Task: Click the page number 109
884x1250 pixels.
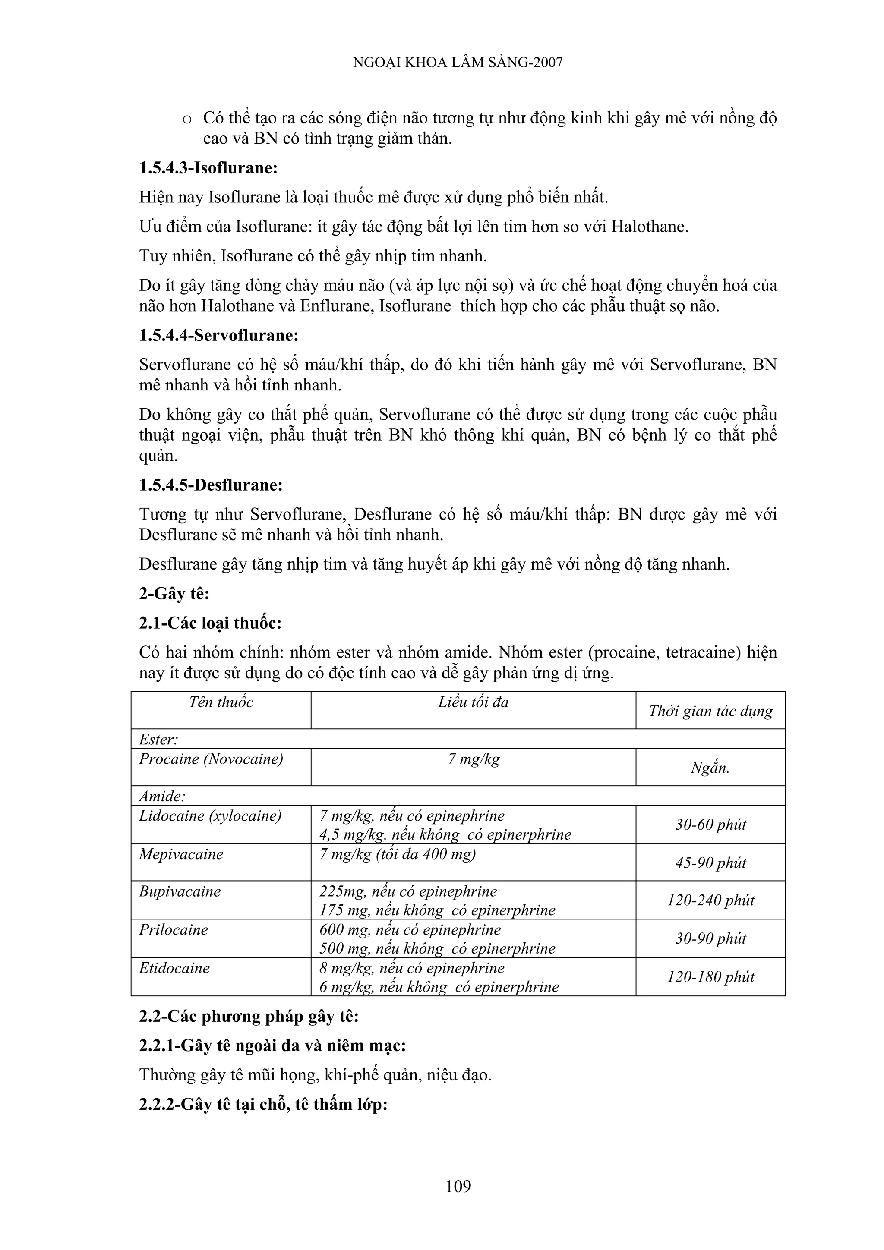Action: (458, 1186)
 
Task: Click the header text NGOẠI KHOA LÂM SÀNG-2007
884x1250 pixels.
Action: (458, 63)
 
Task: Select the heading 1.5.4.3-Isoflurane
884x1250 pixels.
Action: (208, 168)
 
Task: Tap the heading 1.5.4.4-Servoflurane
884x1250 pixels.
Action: (218, 335)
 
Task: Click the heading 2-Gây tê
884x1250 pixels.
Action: (174, 593)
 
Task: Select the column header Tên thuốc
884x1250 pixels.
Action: (221, 702)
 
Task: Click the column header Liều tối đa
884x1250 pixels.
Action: (473, 702)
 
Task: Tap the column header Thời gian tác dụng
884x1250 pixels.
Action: (710, 711)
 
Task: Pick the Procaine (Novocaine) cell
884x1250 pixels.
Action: (211, 759)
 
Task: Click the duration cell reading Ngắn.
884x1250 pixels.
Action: (710, 768)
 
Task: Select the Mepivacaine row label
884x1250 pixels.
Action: (181, 853)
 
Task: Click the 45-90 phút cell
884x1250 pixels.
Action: (710, 863)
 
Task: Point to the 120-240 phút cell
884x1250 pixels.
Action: (710, 901)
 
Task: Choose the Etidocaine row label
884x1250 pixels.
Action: (174, 968)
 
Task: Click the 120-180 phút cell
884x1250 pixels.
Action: (710, 977)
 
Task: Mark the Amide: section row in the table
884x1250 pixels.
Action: (162, 796)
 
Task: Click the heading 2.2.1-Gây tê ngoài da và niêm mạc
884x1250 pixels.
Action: (272, 1045)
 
